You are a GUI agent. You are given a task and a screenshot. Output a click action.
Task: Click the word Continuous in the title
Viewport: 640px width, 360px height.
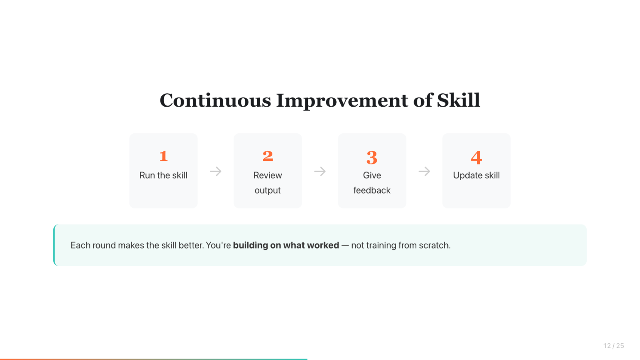(x=215, y=100)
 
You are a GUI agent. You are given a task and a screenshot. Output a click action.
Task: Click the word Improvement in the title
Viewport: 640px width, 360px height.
(x=342, y=101)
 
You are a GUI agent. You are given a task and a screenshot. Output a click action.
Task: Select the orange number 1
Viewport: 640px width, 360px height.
(x=163, y=156)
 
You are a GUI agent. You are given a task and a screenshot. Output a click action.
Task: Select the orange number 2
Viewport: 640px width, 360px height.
(x=268, y=156)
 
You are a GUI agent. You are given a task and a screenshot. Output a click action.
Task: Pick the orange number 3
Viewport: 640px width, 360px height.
(x=372, y=157)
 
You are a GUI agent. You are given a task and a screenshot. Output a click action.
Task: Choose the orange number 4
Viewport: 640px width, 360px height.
(x=476, y=157)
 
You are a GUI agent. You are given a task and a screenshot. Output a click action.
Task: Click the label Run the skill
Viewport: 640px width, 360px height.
(x=163, y=175)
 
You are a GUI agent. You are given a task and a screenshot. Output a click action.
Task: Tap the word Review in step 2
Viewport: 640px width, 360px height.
(x=268, y=175)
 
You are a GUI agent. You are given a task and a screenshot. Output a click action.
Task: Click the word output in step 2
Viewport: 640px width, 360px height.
(x=268, y=190)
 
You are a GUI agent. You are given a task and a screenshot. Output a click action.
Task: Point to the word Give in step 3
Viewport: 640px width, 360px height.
(x=372, y=175)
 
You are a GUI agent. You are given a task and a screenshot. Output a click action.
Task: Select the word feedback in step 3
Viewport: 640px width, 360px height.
(x=372, y=190)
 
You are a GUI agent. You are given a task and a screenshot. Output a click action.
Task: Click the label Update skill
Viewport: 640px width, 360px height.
(x=476, y=175)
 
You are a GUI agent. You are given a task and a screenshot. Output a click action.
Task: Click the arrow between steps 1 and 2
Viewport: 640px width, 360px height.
(x=216, y=172)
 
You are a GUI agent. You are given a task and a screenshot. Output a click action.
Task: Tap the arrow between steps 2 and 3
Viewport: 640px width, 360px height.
(x=320, y=172)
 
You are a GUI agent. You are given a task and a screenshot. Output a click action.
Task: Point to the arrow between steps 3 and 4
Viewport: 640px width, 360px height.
(x=424, y=172)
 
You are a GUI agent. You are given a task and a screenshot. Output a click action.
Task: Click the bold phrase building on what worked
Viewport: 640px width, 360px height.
(x=286, y=246)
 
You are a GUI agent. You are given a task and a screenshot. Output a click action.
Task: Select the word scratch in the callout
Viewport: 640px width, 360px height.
(x=434, y=246)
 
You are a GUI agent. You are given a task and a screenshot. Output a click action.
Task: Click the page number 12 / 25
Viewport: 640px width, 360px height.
(x=614, y=346)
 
